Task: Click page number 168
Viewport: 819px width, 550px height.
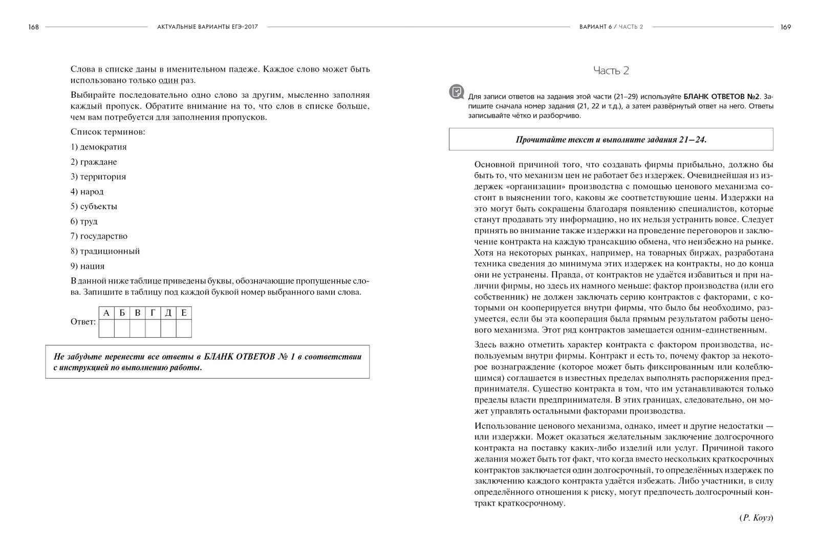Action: click(x=34, y=27)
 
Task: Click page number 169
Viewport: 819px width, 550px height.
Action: click(x=785, y=27)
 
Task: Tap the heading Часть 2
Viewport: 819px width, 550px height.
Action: click(x=611, y=71)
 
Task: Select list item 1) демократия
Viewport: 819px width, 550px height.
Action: click(x=99, y=147)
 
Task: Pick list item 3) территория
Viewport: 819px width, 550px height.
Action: click(x=98, y=177)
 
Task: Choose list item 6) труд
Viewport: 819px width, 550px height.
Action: click(x=84, y=221)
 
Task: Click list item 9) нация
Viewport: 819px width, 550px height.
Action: click(x=88, y=266)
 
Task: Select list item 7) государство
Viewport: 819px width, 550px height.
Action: click(x=99, y=236)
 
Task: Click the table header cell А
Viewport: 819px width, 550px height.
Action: click(x=106, y=313)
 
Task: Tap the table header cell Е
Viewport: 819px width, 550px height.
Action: click(x=184, y=313)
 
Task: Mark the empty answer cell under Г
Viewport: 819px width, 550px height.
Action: click(x=153, y=328)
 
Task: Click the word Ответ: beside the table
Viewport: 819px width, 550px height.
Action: click(x=83, y=322)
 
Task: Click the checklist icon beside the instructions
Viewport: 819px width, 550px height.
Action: click(x=456, y=92)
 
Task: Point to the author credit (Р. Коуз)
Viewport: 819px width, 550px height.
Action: click(x=756, y=518)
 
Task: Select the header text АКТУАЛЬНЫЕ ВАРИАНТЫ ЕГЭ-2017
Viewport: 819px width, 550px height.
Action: click(x=207, y=27)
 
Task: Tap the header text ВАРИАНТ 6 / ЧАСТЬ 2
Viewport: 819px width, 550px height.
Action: click(x=611, y=27)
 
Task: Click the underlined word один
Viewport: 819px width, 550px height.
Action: click(x=168, y=80)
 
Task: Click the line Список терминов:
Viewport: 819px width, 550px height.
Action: click(x=108, y=132)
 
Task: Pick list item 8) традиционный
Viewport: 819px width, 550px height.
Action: click(x=105, y=251)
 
